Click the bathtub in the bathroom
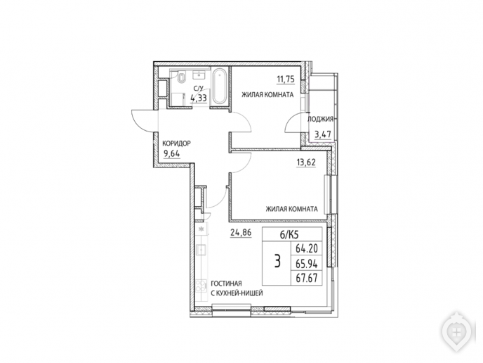(219, 87)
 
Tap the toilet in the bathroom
(182, 77)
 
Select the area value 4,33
(199, 98)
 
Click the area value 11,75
(286, 79)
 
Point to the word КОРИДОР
(176, 144)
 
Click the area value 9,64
(172, 153)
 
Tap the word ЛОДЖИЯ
(320, 119)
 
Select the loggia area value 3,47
(322, 134)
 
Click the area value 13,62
(306, 162)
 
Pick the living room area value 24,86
(241, 232)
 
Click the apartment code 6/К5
(289, 235)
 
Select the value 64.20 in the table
(307, 248)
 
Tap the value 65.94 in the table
(307, 263)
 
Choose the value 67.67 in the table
(307, 278)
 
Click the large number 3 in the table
(277, 262)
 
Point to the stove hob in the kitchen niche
(201, 286)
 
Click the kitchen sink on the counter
(201, 249)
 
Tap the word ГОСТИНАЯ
(226, 284)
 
